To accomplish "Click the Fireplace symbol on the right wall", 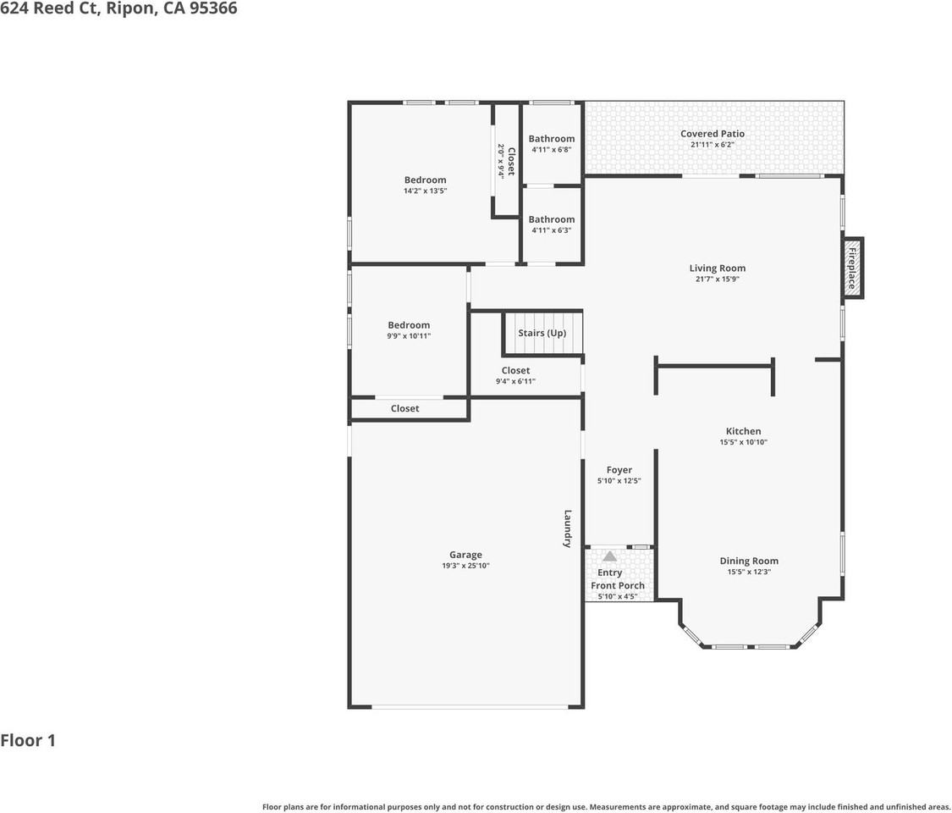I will (x=852, y=268).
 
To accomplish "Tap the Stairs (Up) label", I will (x=542, y=333).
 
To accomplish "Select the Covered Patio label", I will (x=713, y=134).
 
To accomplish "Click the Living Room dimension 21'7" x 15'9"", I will (x=717, y=279).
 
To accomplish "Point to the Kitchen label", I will (x=743, y=431).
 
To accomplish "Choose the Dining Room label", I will (x=749, y=561).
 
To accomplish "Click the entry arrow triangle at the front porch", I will (x=609, y=556).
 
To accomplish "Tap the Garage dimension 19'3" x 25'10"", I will (x=465, y=566).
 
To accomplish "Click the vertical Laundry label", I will (x=569, y=528).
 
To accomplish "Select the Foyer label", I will (x=619, y=470).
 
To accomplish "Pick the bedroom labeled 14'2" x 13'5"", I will (x=425, y=180).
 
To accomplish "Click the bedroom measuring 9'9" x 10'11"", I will (x=409, y=325).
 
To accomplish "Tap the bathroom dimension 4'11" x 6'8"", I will (x=552, y=150).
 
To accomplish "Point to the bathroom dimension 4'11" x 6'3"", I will (x=552, y=230).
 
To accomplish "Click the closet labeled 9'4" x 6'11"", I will (x=515, y=370).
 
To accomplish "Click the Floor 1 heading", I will (x=28, y=740).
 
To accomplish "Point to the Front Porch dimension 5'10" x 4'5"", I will (x=618, y=596).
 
